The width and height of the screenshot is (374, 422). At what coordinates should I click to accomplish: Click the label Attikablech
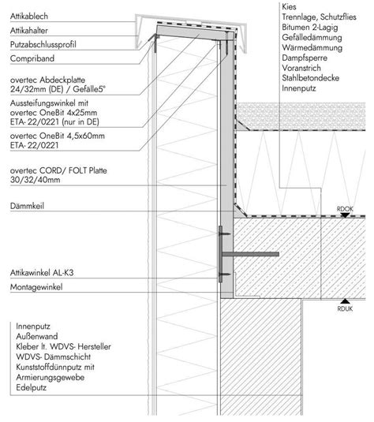pyautogui.click(x=29, y=17)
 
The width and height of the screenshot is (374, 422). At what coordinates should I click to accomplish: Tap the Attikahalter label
pyautogui.click(x=29, y=31)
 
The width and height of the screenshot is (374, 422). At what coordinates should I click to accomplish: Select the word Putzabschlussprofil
pyautogui.click(x=43, y=45)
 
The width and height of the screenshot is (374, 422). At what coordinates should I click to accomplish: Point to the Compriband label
pyautogui.click(x=32, y=58)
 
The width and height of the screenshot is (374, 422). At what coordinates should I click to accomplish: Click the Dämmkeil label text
pyautogui.click(x=27, y=206)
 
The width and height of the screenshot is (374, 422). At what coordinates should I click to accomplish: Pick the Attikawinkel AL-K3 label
pyautogui.click(x=42, y=273)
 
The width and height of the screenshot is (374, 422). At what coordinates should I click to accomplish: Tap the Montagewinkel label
pyautogui.click(x=36, y=287)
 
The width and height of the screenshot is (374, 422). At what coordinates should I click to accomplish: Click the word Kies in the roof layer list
pyautogui.click(x=289, y=7)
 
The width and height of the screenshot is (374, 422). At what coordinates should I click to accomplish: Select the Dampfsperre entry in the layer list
pyautogui.click(x=305, y=58)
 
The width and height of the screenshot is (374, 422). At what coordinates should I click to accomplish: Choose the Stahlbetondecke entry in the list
pyautogui.click(x=310, y=78)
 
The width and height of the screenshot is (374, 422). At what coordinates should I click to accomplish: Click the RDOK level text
pyautogui.click(x=345, y=209)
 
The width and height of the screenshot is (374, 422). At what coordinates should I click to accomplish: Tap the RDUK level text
pyautogui.click(x=345, y=308)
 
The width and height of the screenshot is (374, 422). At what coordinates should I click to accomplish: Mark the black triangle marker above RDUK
pyautogui.click(x=345, y=301)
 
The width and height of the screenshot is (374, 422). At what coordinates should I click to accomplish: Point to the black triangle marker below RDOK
pyautogui.click(x=345, y=215)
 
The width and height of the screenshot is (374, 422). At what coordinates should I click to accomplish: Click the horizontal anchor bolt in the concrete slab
pyautogui.click(x=250, y=254)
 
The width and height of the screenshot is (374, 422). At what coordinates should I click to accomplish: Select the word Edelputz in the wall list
pyautogui.click(x=32, y=388)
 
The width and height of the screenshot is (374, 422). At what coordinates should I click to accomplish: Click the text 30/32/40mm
pyautogui.click(x=35, y=180)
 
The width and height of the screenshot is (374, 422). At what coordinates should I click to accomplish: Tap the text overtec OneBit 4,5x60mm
pyautogui.click(x=58, y=136)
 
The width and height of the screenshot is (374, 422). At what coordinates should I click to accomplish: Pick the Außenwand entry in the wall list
pyautogui.click(x=37, y=336)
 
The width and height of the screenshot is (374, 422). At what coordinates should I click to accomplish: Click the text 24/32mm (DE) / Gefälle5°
pyautogui.click(x=58, y=89)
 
